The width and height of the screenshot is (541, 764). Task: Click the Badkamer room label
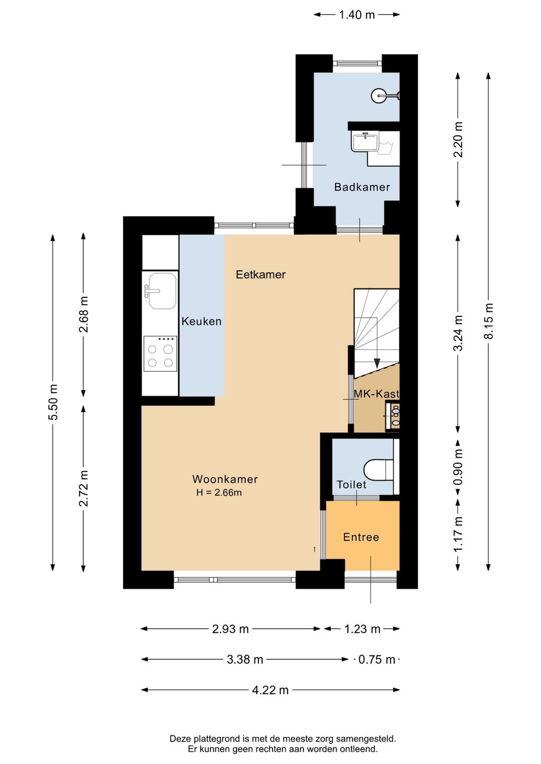(362, 187)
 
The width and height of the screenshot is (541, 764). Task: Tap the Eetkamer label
(261, 274)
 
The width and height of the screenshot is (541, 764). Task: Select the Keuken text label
(201, 321)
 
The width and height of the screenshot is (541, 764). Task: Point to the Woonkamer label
(225, 479)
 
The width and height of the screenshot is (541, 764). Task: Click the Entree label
(361, 537)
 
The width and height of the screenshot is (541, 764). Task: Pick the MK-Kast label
(377, 394)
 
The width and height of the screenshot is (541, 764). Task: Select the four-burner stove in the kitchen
(160, 353)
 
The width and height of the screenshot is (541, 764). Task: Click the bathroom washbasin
(365, 142)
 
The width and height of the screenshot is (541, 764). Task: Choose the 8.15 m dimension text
(488, 321)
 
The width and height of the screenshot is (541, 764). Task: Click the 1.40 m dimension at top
(357, 15)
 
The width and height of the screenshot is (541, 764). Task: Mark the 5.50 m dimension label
(53, 402)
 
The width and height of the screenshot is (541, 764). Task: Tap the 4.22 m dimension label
(270, 690)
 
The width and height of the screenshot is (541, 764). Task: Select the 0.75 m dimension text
(377, 660)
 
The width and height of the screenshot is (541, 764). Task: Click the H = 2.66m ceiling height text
(219, 493)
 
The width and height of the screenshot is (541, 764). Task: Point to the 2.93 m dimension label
(230, 629)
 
